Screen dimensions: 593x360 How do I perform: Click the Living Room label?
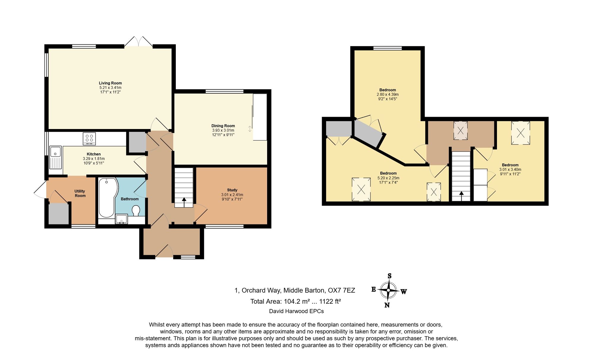coord(110,83)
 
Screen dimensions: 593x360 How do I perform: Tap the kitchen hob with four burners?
coord(89,138)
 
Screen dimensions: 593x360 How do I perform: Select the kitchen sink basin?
coord(55,152)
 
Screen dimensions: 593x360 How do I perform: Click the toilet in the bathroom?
coord(136,211)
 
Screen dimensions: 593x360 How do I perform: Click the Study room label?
coord(232,190)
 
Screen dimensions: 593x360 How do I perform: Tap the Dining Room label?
coord(223,126)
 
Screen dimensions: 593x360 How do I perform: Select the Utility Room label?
coord(80,193)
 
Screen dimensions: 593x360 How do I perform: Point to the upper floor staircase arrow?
coord(461,196)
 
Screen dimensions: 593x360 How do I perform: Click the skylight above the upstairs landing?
coord(460,130)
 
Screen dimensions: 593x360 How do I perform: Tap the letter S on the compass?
coord(390,276)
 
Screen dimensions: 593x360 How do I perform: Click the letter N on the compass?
coord(387,305)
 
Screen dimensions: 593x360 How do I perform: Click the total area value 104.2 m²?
coord(297,301)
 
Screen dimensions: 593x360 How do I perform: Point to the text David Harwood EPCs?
coord(296,311)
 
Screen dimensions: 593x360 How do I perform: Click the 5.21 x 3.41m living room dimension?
coord(110,88)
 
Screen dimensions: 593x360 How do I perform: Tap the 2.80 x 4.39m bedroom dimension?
coord(388,95)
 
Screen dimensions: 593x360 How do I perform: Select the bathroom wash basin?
coord(121,219)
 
